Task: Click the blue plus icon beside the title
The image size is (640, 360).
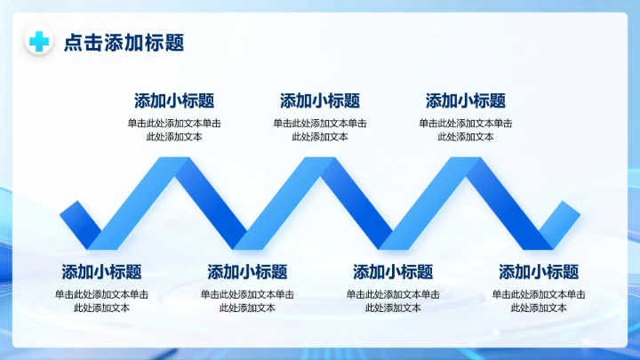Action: tap(38, 42)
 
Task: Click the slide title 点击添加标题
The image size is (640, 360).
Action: tap(124, 43)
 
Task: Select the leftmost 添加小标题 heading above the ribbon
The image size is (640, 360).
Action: tap(174, 101)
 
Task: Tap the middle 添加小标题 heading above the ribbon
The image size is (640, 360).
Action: tap(320, 101)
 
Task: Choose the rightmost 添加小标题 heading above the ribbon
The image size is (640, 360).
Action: tap(466, 101)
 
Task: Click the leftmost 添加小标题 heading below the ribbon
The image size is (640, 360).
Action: tap(101, 272)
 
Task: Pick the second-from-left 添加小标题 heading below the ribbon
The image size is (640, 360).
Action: tap(247, 272)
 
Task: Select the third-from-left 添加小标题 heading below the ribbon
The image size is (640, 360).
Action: tap(393, 272)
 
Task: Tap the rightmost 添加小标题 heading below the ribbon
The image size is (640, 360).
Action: tap(539, 272)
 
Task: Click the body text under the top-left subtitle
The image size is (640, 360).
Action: tap(174, 130)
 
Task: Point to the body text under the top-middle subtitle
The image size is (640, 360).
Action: tap(320, 130)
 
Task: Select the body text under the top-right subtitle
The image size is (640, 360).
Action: tap(466, 130)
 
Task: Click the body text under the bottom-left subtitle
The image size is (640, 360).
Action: tap(101, 300)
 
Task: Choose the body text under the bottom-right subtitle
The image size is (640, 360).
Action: tap(539, 300)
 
